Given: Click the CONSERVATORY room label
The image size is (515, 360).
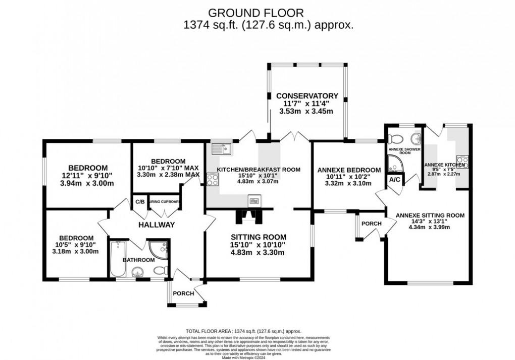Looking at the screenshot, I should tap(306, 95).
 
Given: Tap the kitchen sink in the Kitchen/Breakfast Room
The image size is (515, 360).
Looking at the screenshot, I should tap(221, 148).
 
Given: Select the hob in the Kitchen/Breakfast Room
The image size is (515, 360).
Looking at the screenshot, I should tap(212, 178).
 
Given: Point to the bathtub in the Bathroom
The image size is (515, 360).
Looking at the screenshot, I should tap(118, 260).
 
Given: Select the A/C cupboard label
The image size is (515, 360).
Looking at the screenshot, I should tap(394, 180).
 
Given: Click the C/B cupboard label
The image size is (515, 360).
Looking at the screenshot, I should tap(139, 201).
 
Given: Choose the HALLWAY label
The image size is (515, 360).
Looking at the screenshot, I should tap(157, 225).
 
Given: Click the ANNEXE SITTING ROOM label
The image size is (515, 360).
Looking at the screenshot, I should tap(430, 215).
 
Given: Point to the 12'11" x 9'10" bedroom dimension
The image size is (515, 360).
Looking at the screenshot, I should tap(88, 176).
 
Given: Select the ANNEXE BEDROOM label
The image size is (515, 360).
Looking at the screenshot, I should tap(349, 170).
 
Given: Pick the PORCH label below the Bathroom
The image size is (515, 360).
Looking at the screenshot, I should tap(183, 293).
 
